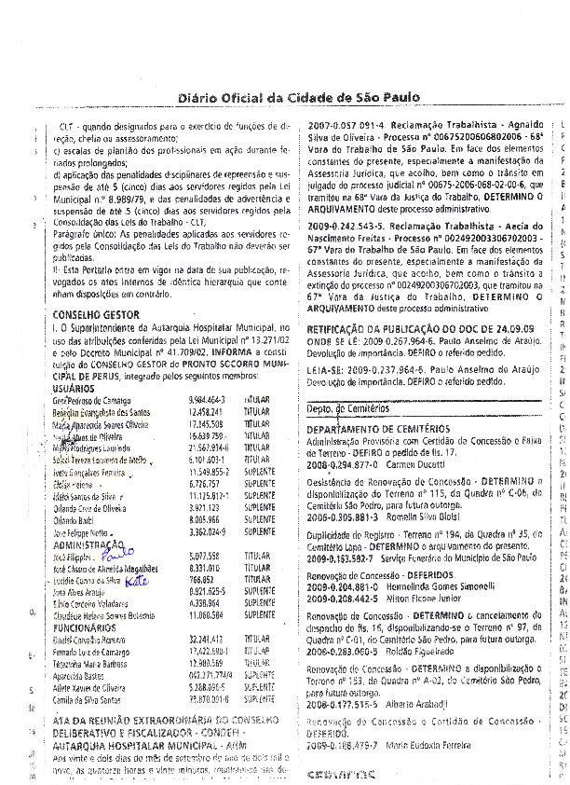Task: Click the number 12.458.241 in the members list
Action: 193,384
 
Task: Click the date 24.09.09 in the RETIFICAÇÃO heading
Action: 509,329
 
